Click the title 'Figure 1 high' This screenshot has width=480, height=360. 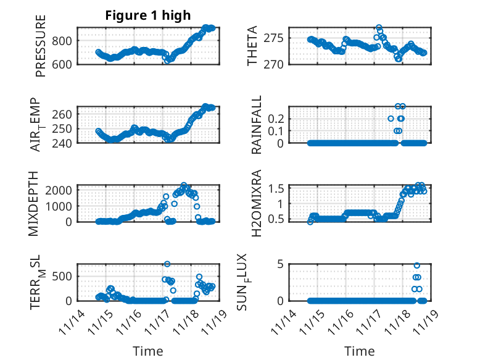point(147,15)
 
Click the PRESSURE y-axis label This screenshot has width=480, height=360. point(41,49)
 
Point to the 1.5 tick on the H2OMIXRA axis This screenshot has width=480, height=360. point(277,188)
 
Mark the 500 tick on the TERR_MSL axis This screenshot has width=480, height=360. point(64,276)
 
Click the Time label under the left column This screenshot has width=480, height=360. point(148,351)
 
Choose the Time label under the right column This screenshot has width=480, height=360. point(360,351)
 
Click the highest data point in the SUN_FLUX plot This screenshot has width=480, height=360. point(417,266)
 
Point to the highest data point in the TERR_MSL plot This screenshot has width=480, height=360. point(167,264)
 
